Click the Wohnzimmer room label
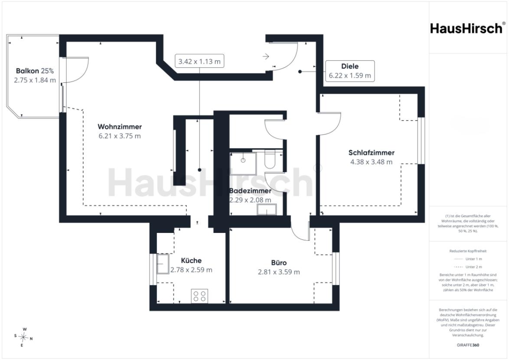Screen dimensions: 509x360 point(120,127)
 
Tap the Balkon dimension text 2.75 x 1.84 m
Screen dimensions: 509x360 point(35,80)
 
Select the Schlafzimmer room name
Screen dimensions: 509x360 point(372,153)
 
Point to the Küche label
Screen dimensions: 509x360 point(191,260)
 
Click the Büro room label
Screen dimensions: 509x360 point(279,262)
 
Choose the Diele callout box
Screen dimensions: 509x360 point(350,71)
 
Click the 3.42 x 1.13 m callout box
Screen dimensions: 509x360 point(199,61)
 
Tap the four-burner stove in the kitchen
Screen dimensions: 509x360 point(199,296)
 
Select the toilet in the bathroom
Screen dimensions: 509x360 point(270,159)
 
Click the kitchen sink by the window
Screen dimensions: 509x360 point(163,264)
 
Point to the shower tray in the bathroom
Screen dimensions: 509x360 point(243,163)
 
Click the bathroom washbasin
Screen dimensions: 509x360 point(267,209)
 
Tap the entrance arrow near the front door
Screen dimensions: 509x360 point(266,56)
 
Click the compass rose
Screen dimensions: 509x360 point(23,337)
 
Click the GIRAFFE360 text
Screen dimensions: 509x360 point(468,345)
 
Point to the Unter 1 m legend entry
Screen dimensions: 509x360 point(468,259)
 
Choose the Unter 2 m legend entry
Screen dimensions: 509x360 point(468,267)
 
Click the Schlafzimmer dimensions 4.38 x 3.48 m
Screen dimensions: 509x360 point(372,162)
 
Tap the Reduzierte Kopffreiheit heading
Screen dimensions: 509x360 point(468,251)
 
